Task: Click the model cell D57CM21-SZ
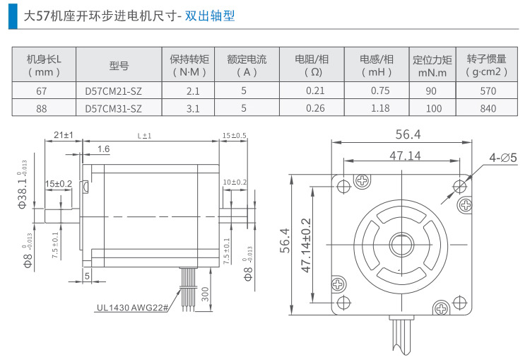[113, 91]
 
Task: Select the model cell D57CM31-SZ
[113, 108]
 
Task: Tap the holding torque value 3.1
[193, 108]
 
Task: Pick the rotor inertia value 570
[488, 91]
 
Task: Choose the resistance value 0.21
[315, 91]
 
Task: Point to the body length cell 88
[41, 108]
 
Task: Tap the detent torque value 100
[434, 108]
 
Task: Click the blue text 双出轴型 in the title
[210, 16]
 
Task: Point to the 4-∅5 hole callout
[503, 157]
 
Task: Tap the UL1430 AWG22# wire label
[132, 308]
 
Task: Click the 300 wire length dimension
[205, 294]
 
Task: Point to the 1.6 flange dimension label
[103, 149]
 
